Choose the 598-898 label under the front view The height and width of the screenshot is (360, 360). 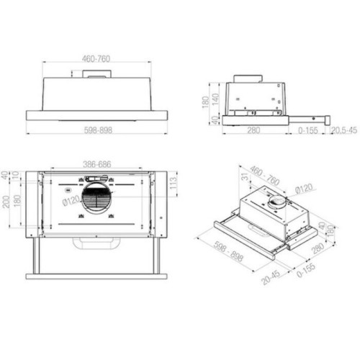(96, 131)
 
